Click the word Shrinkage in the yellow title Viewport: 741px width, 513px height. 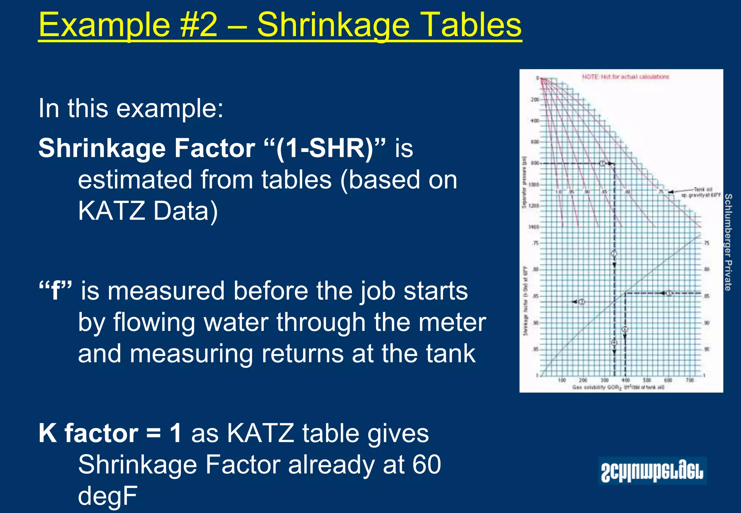[x=333, y=25]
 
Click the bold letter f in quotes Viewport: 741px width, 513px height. [x=55, y=291]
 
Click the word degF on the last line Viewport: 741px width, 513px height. [x=107, y=496]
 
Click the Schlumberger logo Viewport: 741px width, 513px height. [x=652, y=471]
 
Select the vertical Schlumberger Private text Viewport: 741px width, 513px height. [x=728, y=242]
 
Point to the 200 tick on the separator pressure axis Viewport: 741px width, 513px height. [x=534, y=99]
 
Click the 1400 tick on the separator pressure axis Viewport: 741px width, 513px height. [x=534, y=227]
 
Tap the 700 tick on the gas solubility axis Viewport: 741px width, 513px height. [x=690, y=380]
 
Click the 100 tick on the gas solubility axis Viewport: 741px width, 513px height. [x=562, y=380]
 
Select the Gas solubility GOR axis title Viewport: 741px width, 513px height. [x=618, y=387]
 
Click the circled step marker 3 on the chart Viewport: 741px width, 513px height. [x=581, y=302]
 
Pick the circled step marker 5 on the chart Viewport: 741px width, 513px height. [x=669, y=293]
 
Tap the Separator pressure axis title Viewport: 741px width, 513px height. [x=524, y=183]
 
